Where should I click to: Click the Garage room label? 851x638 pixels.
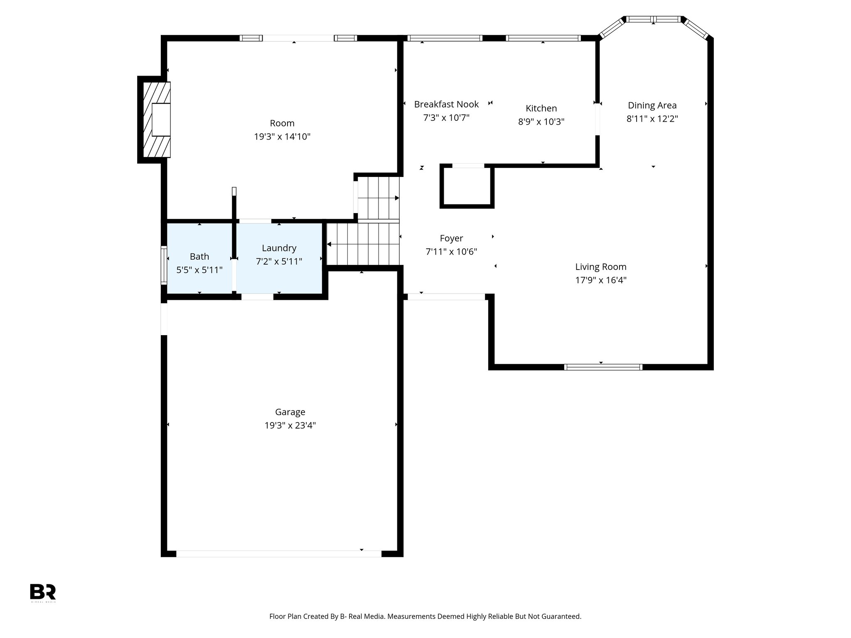(290, 412)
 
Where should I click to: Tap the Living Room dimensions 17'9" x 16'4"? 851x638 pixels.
(600, 280)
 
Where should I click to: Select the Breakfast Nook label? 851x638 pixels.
(446, 104)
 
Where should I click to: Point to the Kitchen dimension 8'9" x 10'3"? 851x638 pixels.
(541, 122)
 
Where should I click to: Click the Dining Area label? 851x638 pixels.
(652, 106)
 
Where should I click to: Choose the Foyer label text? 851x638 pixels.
(451, 238)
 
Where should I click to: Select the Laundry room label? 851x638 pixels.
(279, 248)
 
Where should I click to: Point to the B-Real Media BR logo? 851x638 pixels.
(43, 592)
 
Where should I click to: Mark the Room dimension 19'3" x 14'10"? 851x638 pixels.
(282, 137)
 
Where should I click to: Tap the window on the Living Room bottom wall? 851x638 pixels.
(603, 367)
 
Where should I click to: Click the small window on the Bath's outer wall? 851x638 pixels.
(164, 266)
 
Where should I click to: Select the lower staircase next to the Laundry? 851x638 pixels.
(362, 244)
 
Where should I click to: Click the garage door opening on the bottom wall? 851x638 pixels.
(278, 554)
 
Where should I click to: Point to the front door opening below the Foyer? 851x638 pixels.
(446, 297)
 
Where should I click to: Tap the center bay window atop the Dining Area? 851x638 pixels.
(653, 19)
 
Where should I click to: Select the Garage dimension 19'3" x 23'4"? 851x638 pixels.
(290, 425)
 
